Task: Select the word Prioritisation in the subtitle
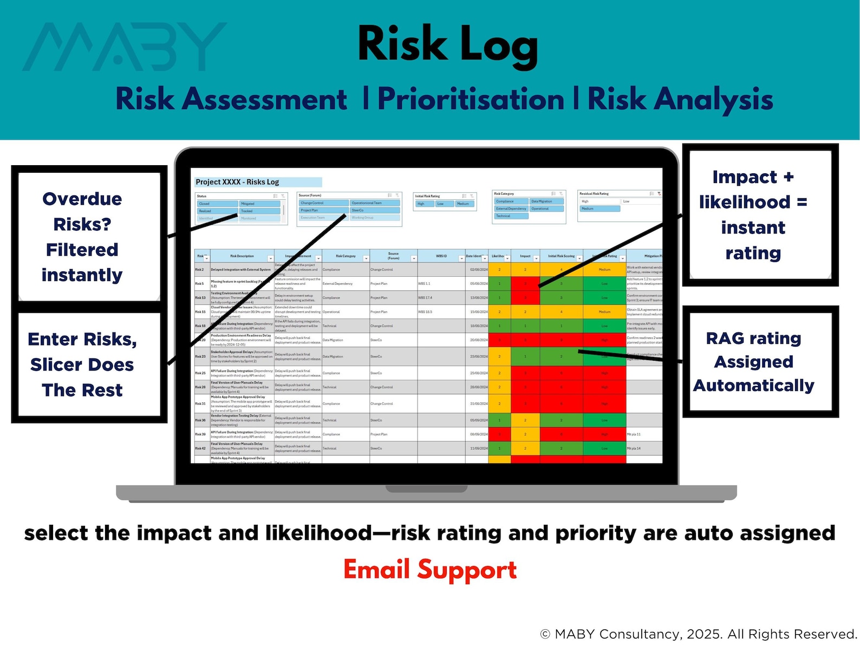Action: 471,100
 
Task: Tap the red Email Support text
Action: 430,570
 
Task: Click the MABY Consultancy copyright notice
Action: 699,634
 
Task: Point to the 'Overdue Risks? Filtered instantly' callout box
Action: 82,237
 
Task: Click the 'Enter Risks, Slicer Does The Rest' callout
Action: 82,364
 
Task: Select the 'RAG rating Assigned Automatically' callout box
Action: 754,361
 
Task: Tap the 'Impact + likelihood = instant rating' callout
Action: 753,215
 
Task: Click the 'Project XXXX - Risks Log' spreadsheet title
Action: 237,182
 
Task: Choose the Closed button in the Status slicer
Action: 217,204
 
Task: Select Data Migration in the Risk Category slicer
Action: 546,201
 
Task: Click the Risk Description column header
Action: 242,256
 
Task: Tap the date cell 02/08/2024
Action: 478,269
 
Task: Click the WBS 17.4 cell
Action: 425,297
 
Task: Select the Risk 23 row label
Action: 200,356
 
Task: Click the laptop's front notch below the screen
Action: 426,489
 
